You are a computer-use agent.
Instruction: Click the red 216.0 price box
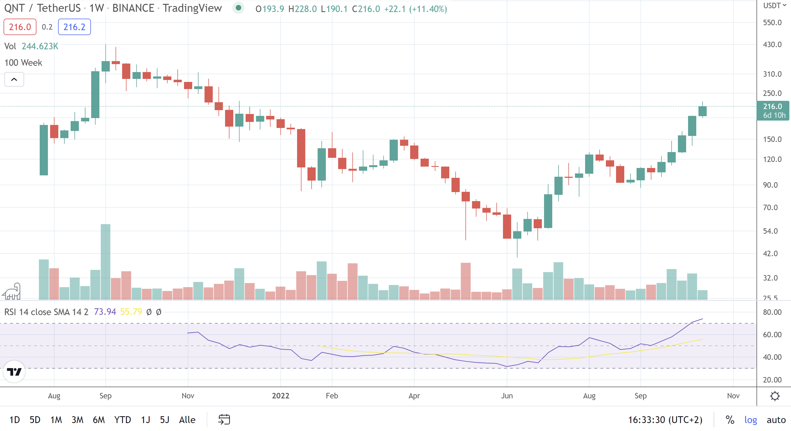coord(20,27)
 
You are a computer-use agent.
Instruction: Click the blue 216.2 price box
coord(74,27)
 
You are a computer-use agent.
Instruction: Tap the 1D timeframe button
coord(15,420)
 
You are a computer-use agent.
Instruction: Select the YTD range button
coord(122,420)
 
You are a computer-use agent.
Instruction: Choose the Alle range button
coord(187,420)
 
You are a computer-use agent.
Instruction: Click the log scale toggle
coord(750,420)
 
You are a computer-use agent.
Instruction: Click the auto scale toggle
coord(776,420)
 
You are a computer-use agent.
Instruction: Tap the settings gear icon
coord(775,396)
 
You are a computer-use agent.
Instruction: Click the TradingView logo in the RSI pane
coord(14,372)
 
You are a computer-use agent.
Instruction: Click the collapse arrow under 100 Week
coord(14,79)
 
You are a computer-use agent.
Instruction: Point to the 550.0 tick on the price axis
coord(772,23)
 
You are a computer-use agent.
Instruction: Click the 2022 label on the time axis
coord(280,396)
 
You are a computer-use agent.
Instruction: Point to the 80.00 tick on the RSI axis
coord(772,312)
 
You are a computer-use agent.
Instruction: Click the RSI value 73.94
coord(105,312)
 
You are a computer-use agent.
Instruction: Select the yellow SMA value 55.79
coord(131,312)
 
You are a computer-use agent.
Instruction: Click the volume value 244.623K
coord(40,46)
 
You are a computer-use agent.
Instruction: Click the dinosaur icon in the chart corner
coord(12,291)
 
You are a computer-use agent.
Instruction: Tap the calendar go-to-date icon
coord(224,420)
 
